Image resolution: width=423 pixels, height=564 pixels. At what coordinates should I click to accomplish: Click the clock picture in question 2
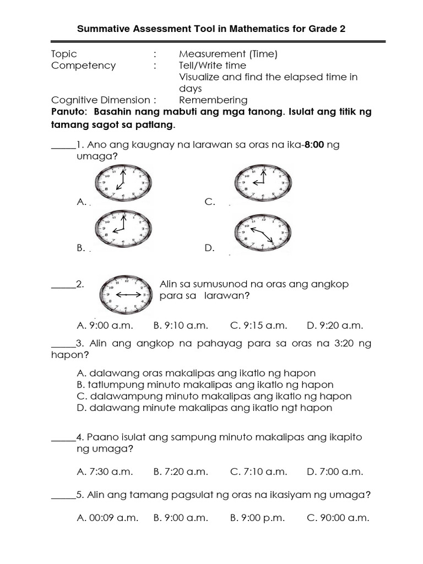(126, 295)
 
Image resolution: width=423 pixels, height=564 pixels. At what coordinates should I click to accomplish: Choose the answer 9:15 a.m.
(259, 326)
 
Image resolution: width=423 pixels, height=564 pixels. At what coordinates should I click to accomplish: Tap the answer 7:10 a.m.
(259, 471)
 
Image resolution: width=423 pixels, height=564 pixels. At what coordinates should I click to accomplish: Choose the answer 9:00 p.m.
(259, 518)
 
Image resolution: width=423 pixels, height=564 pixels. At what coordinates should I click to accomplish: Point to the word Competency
(84, 66)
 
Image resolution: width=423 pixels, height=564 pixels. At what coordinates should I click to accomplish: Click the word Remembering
(213, 100)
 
